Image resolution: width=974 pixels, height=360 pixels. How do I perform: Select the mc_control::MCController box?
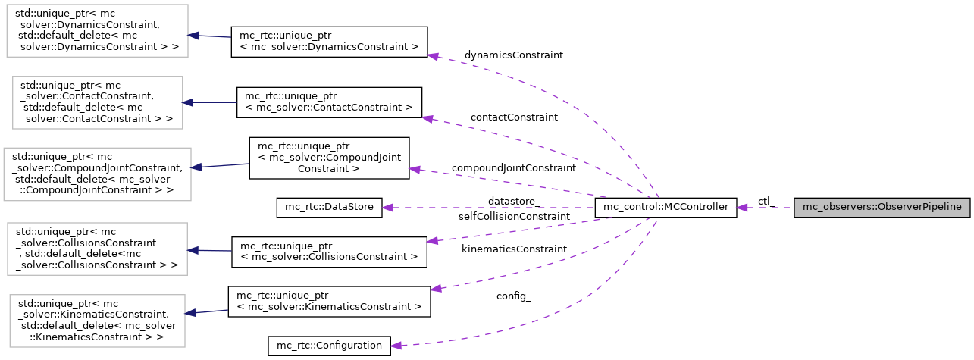pos(666,207)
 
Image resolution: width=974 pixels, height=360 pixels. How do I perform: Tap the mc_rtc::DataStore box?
pos(328,207)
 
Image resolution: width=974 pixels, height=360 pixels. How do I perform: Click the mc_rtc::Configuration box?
pos(329,346)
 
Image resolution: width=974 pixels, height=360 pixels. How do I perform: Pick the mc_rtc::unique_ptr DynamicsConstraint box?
pos(329,41)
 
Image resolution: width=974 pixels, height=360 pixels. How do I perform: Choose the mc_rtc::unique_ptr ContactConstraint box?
pos(329,102)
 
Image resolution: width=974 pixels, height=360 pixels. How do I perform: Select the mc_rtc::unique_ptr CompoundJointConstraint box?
pos(329,158)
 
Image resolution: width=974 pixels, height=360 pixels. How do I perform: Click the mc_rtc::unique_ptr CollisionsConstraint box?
pos(329,251)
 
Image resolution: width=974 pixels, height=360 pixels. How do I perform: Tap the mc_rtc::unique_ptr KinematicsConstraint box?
pos(329,301)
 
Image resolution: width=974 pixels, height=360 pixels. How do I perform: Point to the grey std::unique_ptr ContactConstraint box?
pos(97,102)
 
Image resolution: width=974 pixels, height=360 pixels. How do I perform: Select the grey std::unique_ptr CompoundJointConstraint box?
pos(97,174)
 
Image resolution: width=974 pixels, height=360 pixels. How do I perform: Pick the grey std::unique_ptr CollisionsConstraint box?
pos(97,249)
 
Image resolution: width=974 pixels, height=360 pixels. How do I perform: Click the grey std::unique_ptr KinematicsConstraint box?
pos(97,320)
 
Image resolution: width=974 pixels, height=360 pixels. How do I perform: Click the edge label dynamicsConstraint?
pos(513,55)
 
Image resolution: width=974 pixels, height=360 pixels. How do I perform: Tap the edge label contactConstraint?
pos(513,117)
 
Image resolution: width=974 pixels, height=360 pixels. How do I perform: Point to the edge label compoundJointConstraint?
pos(513,167)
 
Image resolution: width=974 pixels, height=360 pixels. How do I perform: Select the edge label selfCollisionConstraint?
pos(513,217)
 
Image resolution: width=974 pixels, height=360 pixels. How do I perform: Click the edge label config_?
pos(513,296)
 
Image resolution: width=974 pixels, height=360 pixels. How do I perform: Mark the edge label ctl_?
pos(766,201)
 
